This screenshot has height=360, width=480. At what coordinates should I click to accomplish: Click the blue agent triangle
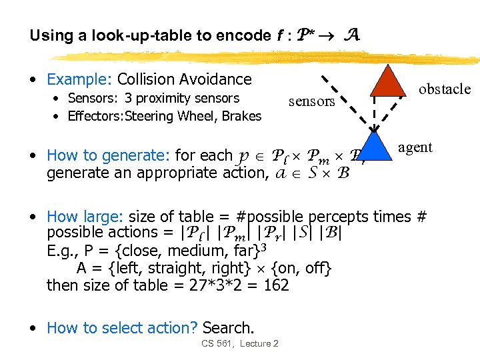(x=377, y=150)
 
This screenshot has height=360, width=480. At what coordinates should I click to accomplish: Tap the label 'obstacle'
(x=444, y=89)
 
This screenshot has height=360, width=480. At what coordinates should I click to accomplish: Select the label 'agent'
(x=415, y=147)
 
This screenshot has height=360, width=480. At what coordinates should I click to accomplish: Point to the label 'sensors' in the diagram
(x=311, y=101)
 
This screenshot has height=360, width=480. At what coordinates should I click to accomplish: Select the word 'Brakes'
(x=243, y=116)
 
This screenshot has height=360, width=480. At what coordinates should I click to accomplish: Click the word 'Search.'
(x=228, y=328)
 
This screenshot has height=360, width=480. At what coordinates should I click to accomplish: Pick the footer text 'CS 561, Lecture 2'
(x=239, y=343)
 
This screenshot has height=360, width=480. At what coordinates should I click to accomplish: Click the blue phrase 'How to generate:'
(x=109, y=156)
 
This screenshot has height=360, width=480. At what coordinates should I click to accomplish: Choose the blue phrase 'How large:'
(x=85, y=217)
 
